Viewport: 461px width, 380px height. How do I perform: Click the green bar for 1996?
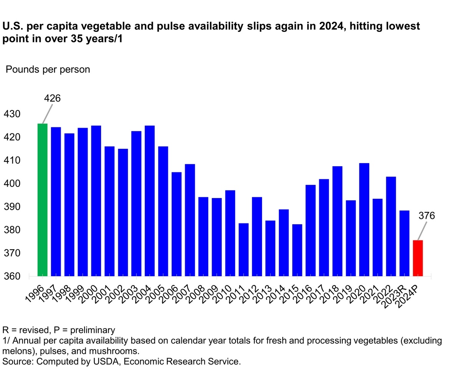(42, 200)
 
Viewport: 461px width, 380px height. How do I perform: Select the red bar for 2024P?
(418, 258)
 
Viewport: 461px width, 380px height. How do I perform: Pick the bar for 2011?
(244, 250)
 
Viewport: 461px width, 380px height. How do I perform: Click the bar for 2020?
(364, 220)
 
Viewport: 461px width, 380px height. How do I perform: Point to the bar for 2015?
(297, 250)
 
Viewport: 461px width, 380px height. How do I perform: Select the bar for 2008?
(203, 237)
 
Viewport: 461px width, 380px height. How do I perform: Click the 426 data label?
(52, 98)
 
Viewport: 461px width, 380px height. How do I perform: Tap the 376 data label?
(426, 216)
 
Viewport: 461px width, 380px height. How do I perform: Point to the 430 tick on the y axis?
(12, 114)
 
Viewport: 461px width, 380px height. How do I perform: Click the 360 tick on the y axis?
(12, 277)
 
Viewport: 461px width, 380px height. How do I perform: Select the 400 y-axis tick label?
(12, 184)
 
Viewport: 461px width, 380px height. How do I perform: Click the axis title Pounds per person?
(48, 70)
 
